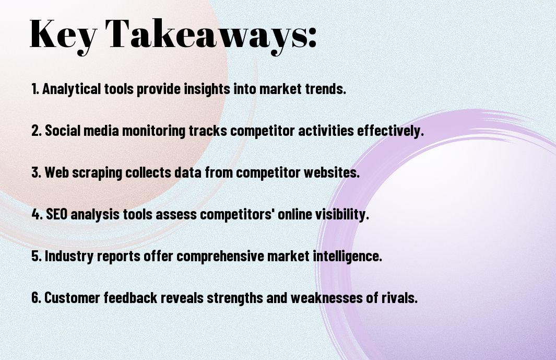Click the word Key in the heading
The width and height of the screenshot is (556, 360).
63,35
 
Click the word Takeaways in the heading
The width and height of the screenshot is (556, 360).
205,35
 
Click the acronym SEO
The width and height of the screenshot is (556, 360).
57,214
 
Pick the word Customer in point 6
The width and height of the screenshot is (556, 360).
73,298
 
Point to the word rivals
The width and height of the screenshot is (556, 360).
399,298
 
